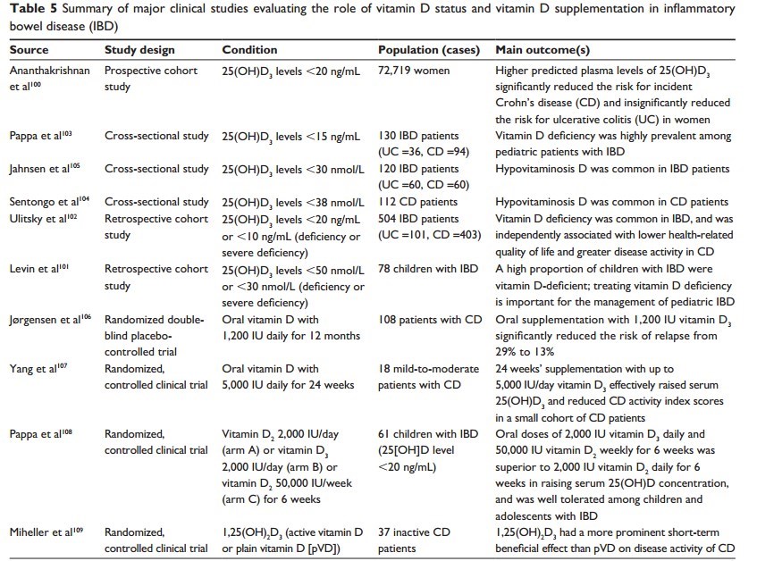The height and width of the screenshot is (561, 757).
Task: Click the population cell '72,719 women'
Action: coord(416,68)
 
